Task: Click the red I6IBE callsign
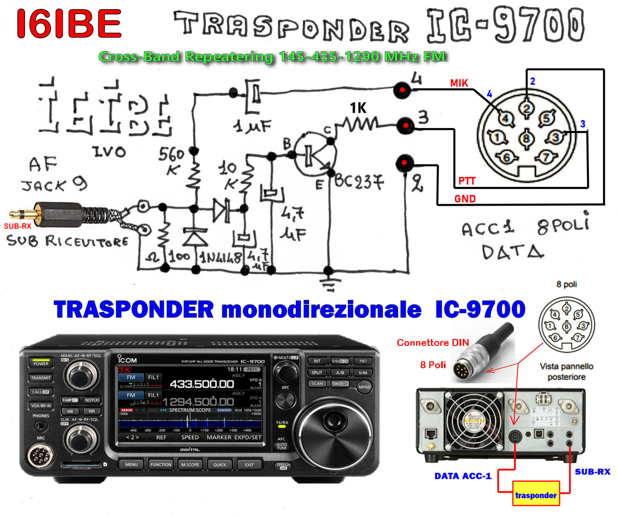click(69, 24)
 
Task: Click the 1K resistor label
click(358, 108)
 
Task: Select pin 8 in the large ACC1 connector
click(526, 138)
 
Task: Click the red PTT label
click(467, 181)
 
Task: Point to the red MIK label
click(459, 83)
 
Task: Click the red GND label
click(465, 199)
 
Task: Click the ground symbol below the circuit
click(328, 283)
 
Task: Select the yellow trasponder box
click(535, 494)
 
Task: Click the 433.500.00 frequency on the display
click(202, 384)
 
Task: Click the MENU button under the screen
click(131, 465)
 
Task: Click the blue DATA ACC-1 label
click(463, 476)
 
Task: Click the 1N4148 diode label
click(221, 258)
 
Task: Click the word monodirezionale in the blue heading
click(321, 309)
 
